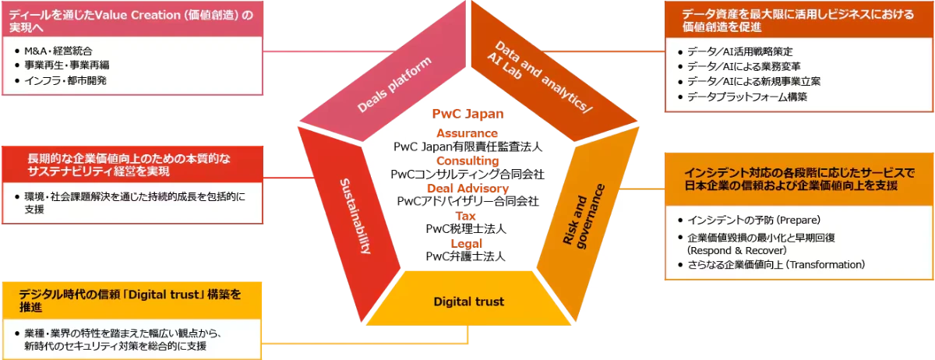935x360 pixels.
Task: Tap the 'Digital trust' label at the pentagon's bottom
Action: click(x=468, y=302)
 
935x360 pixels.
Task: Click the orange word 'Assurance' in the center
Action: click(x=467, y=133)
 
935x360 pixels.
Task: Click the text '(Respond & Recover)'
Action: click(x=736, y=251)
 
